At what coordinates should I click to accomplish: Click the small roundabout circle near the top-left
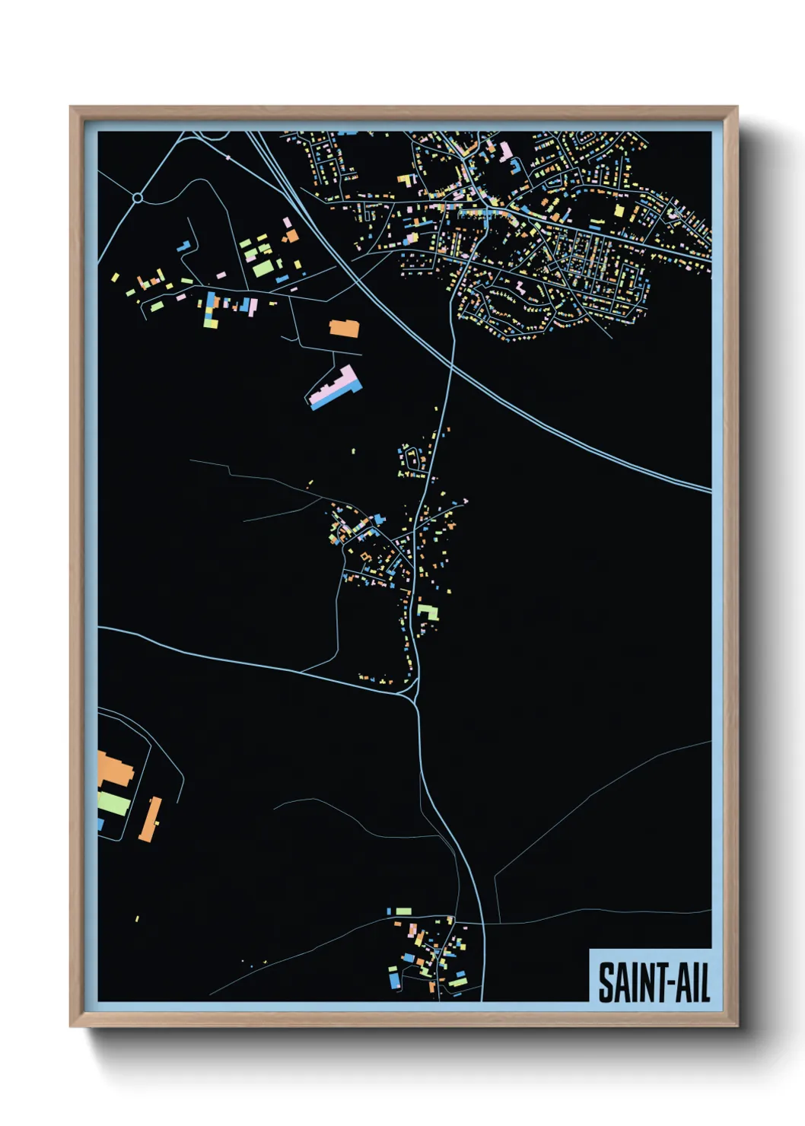point(138,198)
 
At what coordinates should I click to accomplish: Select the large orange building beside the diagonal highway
point(344,329)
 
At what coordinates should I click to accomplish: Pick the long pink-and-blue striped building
point(336,388)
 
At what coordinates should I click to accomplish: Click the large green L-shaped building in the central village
point(428,612)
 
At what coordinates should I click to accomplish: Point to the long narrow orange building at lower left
point(150,819)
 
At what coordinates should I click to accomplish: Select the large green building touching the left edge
point(113,803)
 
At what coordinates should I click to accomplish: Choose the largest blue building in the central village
point(379,519)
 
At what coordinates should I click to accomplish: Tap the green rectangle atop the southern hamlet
point(402,911)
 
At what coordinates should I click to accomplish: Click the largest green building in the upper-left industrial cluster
point(262,269)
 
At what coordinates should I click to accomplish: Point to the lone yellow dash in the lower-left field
point(137,919)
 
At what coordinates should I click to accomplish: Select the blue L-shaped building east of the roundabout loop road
point(183,247)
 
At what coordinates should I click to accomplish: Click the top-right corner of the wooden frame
point(737,107)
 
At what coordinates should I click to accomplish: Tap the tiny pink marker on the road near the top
point(228,157)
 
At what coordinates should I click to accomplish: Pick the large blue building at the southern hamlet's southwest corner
point(394,981)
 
